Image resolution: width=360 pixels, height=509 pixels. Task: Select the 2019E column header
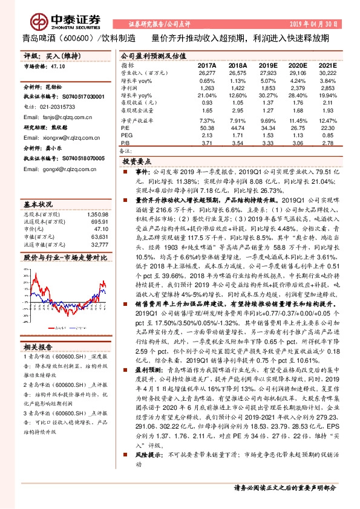[x=267, y=65]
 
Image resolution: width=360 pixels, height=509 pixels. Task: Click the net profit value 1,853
[x=267, y=88]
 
